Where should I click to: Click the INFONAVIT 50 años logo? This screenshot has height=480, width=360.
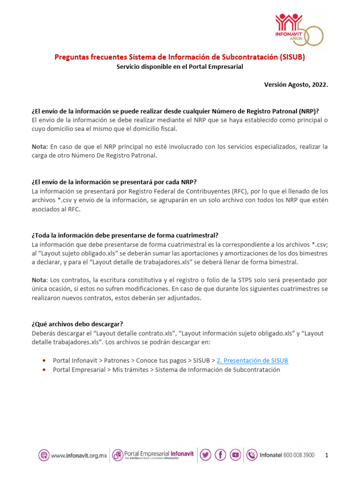click(x=299, y=29)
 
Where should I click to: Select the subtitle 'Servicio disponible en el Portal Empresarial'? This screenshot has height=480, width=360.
click(x=180, y=67)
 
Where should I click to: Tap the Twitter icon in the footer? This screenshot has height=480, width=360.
click(x=205, y=455)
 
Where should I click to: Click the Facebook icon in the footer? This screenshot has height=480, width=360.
click(x=220, y=455)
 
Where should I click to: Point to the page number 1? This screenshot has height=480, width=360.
click(x=327, y=455)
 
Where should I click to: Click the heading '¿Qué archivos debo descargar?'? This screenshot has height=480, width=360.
click(x=77, y=324)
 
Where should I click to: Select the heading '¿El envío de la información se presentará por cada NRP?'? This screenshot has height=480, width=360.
click(x=117, y=182)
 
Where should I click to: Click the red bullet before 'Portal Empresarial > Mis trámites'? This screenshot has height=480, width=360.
click(x=44, y=370)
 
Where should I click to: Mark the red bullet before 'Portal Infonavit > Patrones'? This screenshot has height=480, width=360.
click(x=44, y=360)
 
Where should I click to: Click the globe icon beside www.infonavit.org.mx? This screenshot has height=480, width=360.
click(x=44, y=455)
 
